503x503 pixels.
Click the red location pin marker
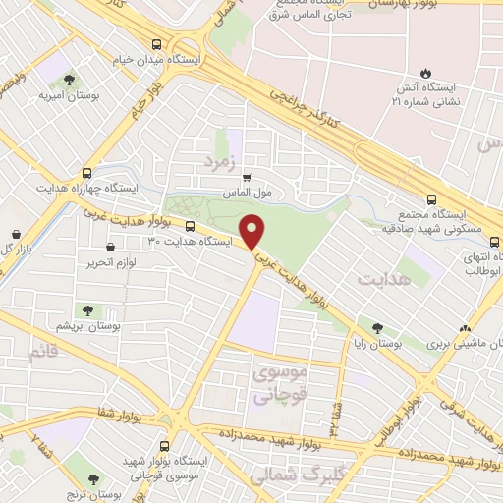coord(253,231)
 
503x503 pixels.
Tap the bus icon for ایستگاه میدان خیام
coord(157,44)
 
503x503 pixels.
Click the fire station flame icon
coord(425,73)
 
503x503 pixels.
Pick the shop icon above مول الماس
coord(246,178)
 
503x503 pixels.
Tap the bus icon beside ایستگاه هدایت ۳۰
coord(190,225)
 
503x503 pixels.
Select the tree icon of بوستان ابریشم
coord(87,310)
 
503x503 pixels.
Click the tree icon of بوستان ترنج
coord(93,479)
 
